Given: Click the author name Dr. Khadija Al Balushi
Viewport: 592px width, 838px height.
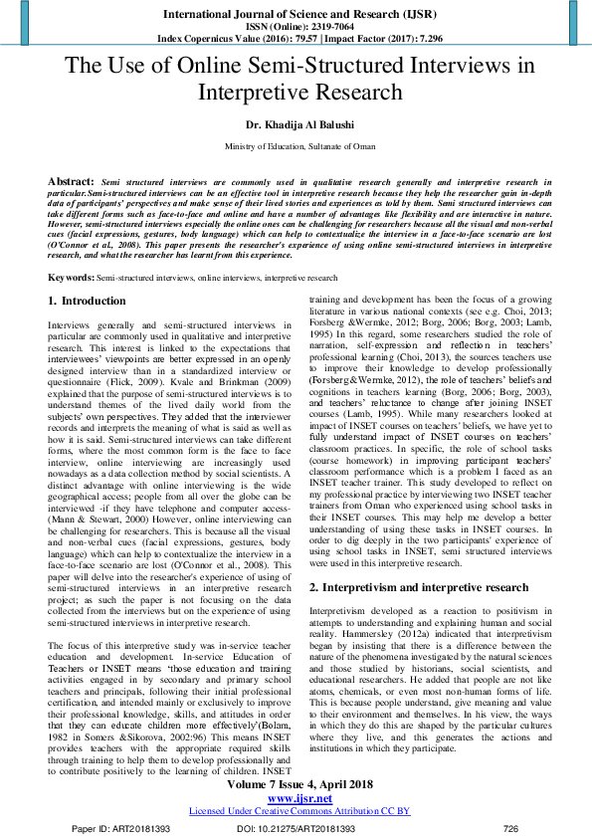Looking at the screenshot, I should pos(296,125).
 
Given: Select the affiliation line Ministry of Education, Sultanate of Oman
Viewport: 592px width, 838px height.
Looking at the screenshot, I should pos(296,146).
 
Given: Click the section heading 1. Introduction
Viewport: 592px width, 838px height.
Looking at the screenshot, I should pos(88,300).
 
